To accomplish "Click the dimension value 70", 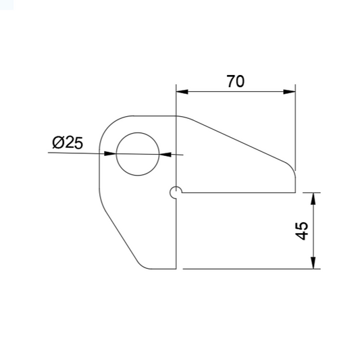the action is click(236, 81).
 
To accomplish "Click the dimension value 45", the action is click(301, 231).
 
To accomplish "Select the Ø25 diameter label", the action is click(68, 143).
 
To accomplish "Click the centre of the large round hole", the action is click(138, 154).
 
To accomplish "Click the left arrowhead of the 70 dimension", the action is click(182, 92).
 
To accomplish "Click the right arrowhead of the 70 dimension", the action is click(289, 92).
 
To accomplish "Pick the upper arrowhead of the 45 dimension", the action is click(313, 199).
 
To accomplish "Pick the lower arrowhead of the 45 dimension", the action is click(313, 263).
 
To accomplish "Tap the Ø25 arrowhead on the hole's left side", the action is click(110, 153).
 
